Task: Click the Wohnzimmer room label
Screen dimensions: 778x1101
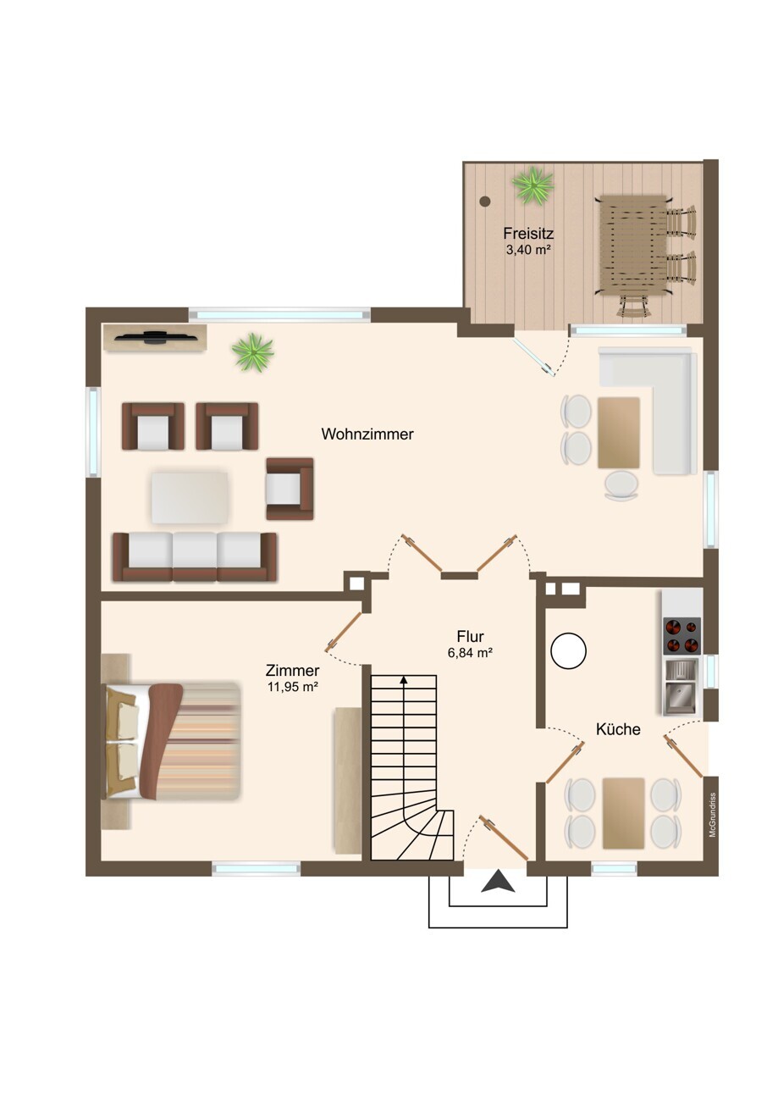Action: point(367,434)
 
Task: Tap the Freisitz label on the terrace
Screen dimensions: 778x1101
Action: point(528,233)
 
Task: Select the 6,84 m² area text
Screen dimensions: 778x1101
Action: point(470,653)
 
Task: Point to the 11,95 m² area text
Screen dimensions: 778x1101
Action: point(292,687)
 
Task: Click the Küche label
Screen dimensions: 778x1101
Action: point(618,729)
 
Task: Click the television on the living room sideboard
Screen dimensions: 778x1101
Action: point(156,337)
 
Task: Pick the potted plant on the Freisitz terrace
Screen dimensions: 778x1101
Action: point(532,185)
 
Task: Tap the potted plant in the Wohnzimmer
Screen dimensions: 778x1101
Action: point(253,351)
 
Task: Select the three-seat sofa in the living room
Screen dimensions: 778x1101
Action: point(195,556)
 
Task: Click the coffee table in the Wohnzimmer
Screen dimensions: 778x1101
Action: point(190,498)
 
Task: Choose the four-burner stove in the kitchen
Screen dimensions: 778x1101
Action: point(682,635)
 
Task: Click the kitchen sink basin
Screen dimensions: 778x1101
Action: point(681,698)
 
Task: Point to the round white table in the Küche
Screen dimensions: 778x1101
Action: point(568,650)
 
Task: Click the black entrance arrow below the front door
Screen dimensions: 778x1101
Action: point(498,881)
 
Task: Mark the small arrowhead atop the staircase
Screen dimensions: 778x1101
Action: point(404,680)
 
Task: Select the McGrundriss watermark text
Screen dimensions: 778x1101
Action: point(712,815)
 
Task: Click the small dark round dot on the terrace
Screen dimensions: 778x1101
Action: point(485,201)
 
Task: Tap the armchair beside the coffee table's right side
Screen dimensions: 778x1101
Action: point(290,489)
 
